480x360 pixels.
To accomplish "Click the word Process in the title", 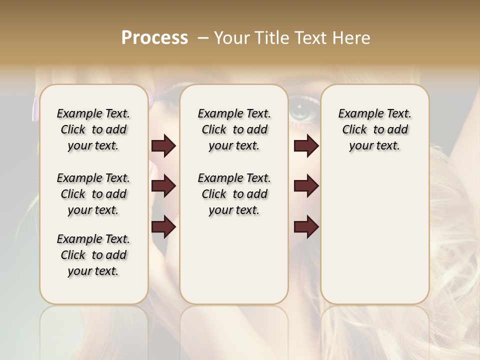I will point(154,38).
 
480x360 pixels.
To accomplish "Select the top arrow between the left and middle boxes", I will point(163,146).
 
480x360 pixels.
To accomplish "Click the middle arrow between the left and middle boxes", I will point(163,186).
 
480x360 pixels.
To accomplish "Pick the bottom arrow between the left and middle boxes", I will point(163,227).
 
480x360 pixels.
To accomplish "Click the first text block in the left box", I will point(93,129).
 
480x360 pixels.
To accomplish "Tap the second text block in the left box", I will point(93,194).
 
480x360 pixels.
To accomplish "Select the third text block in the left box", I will point(93,255).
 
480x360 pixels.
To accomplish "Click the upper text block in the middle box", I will point(234,129).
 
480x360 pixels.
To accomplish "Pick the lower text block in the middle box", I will point(234,194).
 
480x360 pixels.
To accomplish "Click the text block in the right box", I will point(374,129).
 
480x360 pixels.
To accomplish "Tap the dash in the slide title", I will point(203,38).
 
